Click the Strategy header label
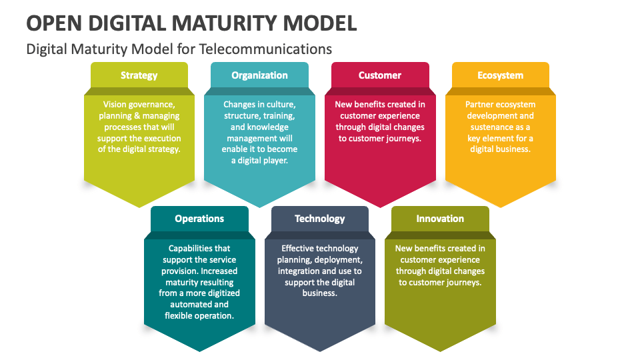(139, 75)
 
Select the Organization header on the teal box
(259, 75)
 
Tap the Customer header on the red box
(380, 75)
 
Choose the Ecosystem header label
(500, 75)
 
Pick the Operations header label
(199, 219)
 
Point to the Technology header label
(320, 219)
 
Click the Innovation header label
(440, 219)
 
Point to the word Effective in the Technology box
(299, 249)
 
